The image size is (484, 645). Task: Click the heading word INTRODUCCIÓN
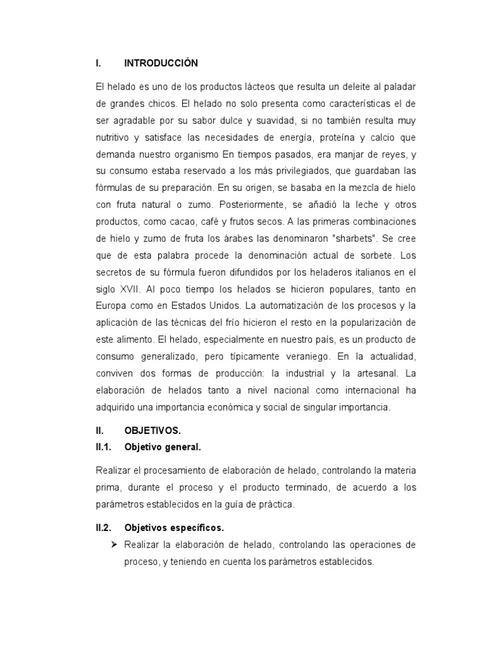161,63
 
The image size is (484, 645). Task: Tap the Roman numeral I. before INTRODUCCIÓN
98,63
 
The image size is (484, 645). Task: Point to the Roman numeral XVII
130,289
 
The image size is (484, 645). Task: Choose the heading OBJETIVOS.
153,431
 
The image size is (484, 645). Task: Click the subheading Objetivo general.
163,447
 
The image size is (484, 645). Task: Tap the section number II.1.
104,447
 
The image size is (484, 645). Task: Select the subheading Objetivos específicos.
175,527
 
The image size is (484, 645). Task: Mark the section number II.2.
104,527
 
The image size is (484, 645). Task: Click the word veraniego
304,355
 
